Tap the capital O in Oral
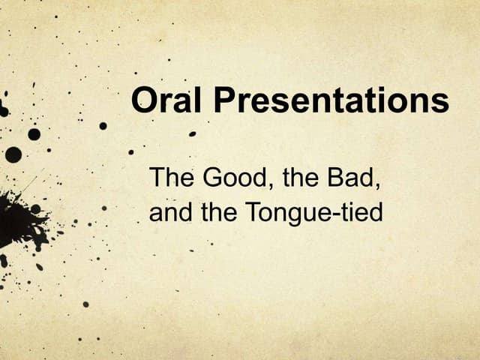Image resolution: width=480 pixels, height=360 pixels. click(144, 100)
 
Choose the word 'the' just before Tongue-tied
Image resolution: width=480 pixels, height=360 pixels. click(218, 214)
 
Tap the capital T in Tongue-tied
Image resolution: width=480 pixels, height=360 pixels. click(251, 213)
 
